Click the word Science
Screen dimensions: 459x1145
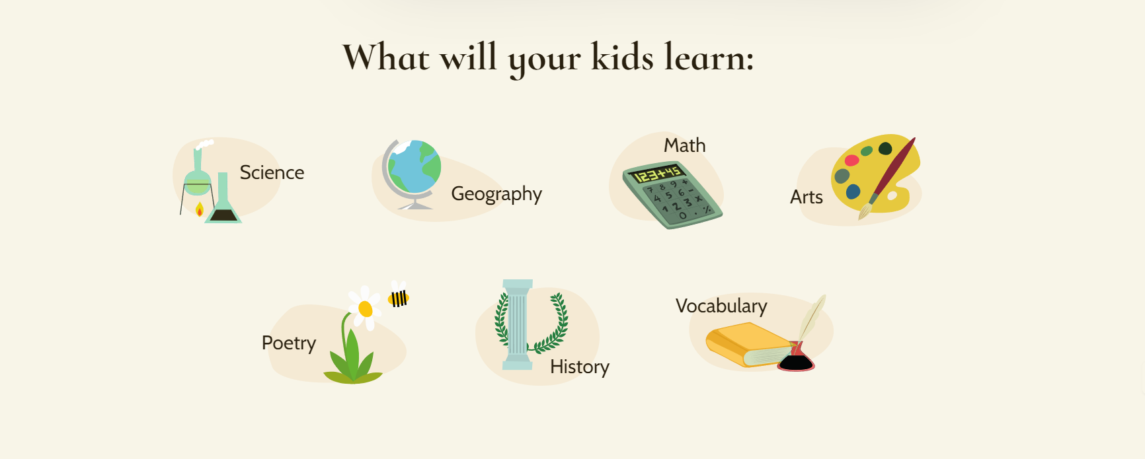click(272, 172)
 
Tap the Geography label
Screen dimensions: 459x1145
click(496, 194)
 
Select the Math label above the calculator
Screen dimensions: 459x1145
click(684, 145)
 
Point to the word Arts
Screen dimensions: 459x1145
click(806, 197)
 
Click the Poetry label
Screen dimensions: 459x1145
click(289, 343)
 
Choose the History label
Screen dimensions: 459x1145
click(579, 367)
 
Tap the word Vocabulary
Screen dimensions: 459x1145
click(721, 306)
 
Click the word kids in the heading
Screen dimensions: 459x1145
click(622, 57)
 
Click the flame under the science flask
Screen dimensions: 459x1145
click(200, 210)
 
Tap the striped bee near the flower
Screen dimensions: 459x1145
click(399, 298)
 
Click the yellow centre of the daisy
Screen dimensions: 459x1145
click(365, 308)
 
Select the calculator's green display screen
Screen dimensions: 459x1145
click(656, 174)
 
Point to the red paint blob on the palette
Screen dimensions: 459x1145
click(852, 160)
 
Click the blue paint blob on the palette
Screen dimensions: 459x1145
click(853, 192)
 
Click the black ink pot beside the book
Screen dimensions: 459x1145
click(796, 362)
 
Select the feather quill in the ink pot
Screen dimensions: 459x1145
click(812, 317)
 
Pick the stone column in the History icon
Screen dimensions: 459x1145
click(517, 324)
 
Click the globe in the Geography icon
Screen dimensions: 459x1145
click(414, 168)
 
